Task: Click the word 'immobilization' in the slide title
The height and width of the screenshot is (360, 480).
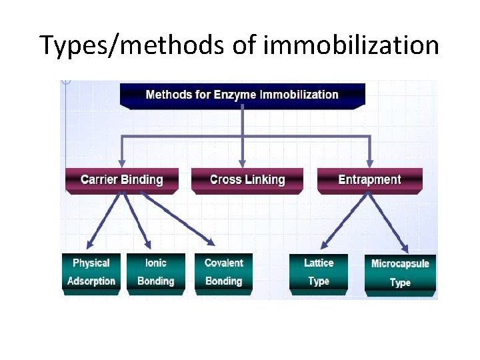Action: tap(351, 45)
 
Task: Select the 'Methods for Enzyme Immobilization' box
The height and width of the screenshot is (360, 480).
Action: tap(242, 95)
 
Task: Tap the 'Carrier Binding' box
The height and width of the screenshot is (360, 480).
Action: tap(121, 180)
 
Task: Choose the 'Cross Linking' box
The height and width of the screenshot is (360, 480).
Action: tap(247, 180)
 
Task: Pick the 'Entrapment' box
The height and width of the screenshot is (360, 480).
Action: tap(369, 180)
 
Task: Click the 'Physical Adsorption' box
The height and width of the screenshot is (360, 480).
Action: tap(91, 272)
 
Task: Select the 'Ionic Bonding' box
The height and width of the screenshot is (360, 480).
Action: tap(155, 272)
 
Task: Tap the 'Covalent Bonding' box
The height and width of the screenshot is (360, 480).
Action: tap(224, 272)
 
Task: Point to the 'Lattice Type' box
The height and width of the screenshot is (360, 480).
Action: tap(319, 272)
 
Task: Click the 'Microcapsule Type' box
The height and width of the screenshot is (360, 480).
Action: tap(400, 273)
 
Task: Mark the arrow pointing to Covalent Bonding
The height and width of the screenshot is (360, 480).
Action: tap(169, 219)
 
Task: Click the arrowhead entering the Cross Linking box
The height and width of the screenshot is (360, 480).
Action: tap(243, 162)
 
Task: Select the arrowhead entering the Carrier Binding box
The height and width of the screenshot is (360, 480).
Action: tap(121, 162)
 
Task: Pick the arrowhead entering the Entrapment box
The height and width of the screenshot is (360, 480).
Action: tap(368, 162)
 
